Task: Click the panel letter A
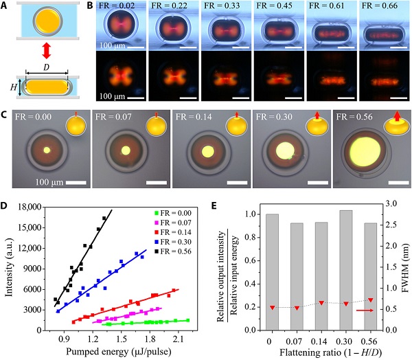click(x=5, y=7)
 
